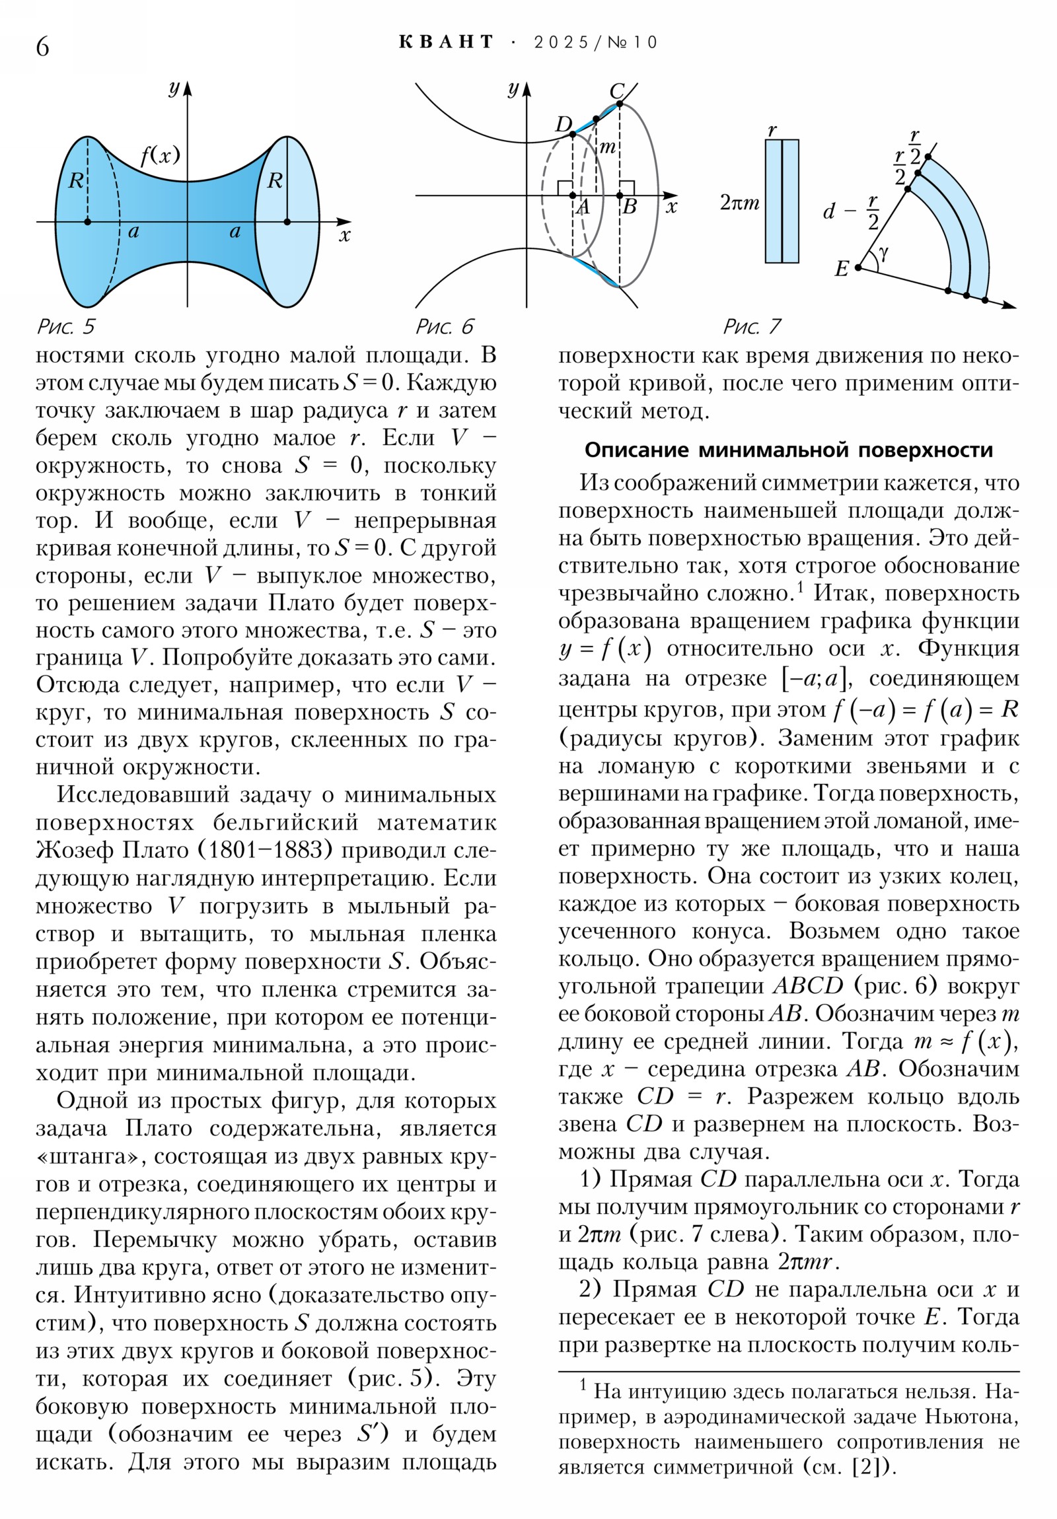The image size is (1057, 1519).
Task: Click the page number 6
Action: (x=42, y=47)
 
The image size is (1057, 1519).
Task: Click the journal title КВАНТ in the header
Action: (x=447, y=42)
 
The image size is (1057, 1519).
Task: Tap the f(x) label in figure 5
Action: (x=160, y=155)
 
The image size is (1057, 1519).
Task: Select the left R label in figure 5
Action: (x=75, y=180)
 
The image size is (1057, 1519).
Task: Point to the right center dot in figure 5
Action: (x=287, y=222)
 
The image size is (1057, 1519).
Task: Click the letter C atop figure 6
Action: (x=616, y=90)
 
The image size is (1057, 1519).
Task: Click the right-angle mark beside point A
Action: (x=565, y=188)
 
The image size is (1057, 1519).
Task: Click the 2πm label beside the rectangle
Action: (x=740, y=203)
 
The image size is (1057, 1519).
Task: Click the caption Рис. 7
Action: (x=752, y=326)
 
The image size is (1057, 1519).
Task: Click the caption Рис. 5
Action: (x=65, y=326)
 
